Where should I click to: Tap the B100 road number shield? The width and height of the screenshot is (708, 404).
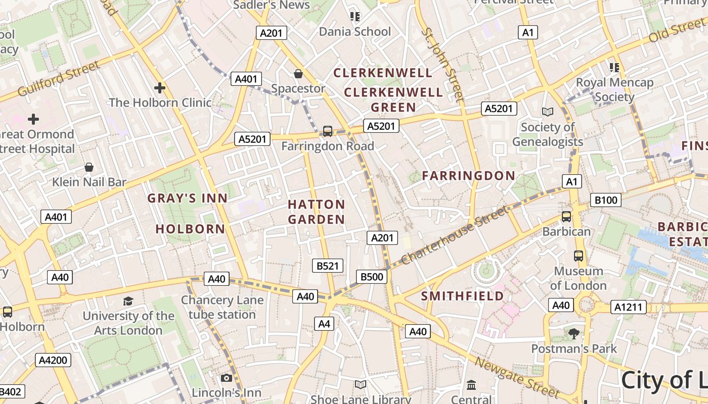[x=606, y=200]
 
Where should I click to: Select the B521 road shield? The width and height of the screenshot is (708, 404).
[x=327, y=266]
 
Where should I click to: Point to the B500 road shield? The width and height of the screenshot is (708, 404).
[x=372, y=276]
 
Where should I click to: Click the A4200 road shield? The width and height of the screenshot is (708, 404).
[x=53, y=360]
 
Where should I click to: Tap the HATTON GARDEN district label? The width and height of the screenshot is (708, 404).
[x=317, y=212]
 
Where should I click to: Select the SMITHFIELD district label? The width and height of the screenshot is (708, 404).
[x=463, y=296]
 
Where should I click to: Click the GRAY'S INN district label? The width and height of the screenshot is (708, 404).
[x=188, y=198]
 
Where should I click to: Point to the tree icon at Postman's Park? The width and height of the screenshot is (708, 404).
[x=573, y=333]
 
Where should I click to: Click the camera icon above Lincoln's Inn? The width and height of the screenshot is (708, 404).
[x=226, y=378]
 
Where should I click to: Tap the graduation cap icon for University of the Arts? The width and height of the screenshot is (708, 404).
[x=128, y=301]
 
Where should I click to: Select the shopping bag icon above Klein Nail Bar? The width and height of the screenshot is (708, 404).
[x=89, y=167]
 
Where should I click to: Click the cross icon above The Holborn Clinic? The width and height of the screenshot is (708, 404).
[x=160, y=88]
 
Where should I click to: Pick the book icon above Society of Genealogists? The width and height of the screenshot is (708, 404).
[x=547, y=112]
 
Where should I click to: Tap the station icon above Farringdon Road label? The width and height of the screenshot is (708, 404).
[x=328, y=131]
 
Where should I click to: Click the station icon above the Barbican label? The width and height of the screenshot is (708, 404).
[x=566, y=217]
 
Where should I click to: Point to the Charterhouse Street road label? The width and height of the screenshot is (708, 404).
[x=455, y=235]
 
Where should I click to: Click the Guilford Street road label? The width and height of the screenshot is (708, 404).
[x=59, y=79]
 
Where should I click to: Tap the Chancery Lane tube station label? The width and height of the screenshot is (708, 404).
[x=223, y=307]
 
